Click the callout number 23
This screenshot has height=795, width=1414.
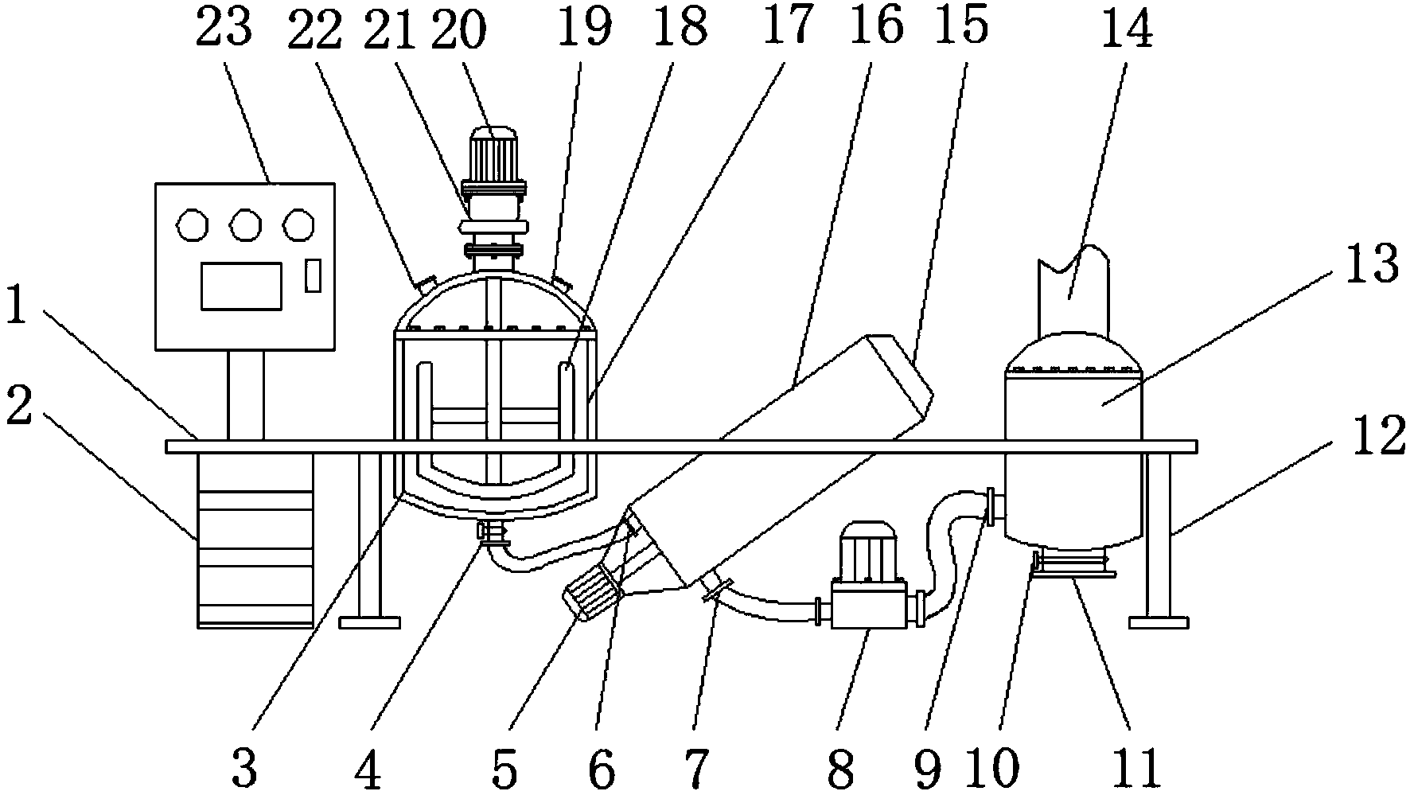click(x=224, y=29)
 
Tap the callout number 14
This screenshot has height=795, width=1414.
click(x=1128, y=30)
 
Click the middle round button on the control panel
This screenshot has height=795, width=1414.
click(x=246, y=225)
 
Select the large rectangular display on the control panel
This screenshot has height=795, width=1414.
click(x=241, y=286)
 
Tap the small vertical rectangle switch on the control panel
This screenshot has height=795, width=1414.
click(x=314, y=275)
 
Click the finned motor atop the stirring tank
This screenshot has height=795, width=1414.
click(x=493, y=154)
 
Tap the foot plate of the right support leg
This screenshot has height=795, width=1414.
click(x=1159, y=622)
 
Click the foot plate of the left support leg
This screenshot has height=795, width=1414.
click(x=369, y=622)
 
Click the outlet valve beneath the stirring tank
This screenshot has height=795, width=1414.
click(x=493, y=530)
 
